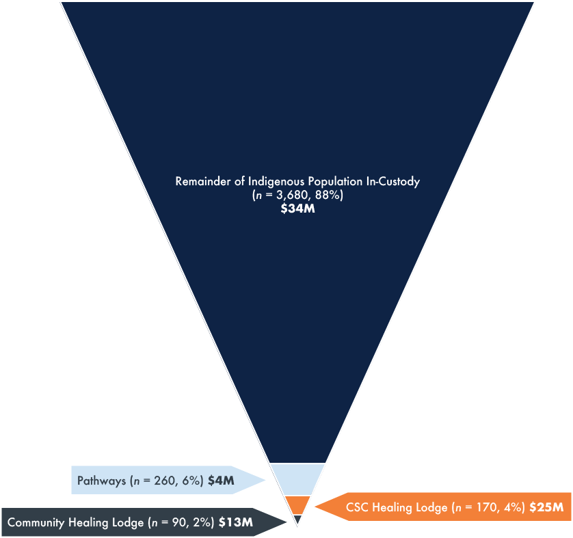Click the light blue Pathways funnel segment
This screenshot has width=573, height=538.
(297, 479)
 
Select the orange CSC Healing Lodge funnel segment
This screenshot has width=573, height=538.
(297, 505)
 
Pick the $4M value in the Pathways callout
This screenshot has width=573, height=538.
(221, 481)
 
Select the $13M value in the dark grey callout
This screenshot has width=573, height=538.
(236, 523)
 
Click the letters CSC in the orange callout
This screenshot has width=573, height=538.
(358, 507)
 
